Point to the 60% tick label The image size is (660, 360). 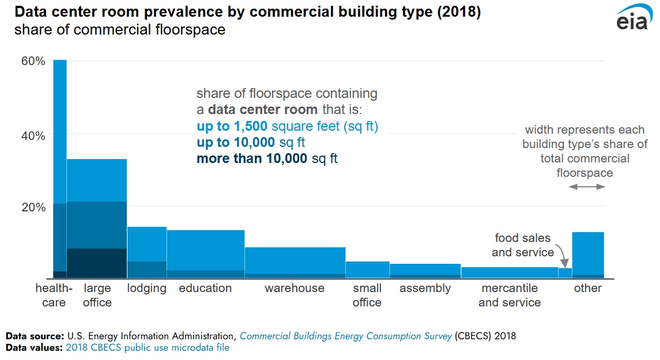[33, 61]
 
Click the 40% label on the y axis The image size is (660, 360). [33, 136]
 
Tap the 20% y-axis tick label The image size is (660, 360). [33, 207]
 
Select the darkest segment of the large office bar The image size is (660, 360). [97, 263]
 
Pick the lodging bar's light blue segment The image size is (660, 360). [147, 244]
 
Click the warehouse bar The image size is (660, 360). [295, 260]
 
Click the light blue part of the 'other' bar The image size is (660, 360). [588, 253]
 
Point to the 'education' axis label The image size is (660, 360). [205, 289]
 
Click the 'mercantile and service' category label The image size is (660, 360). [510, 295]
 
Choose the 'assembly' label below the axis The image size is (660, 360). [425, 289]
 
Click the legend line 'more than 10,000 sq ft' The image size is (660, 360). [267, 158]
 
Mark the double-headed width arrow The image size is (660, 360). [587, 187]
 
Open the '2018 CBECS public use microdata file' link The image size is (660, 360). [148, 347]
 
